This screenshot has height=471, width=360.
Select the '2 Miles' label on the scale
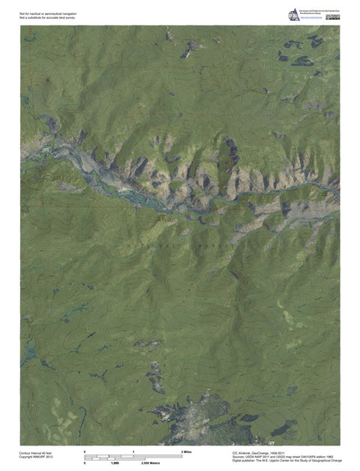pos(187,451)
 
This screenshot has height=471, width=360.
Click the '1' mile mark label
pos(133,451)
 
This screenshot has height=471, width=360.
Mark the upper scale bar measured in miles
pos(133,455)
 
